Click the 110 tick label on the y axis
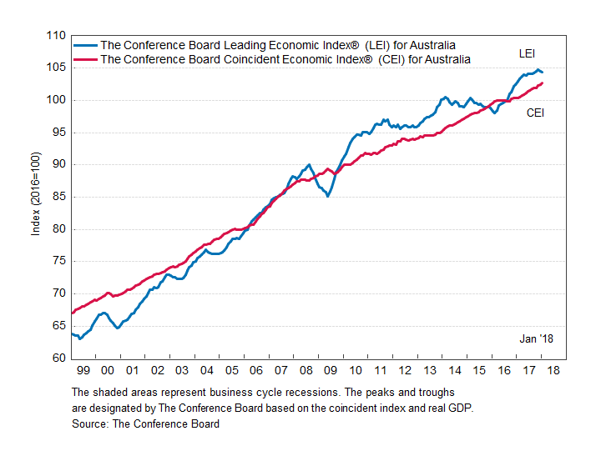(55, 36)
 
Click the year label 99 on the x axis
(82, 369)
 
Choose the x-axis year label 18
(553, 369)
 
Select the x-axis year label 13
(429, 369)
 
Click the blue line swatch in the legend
(85, 45)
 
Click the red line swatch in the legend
(85, 59)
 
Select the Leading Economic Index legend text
(278, 45)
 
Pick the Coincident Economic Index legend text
(285, 59)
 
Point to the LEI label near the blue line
(527, 53)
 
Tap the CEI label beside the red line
(535, 113)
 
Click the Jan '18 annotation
(536, 338)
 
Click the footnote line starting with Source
(146, 423)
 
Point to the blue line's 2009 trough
(328, 196)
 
